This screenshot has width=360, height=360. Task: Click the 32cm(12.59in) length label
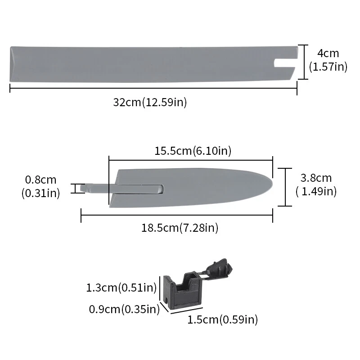pos(150,102)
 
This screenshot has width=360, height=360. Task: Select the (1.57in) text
pos(328,67)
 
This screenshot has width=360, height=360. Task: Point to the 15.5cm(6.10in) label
pos(193,151)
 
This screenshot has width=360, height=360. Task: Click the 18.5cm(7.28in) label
pos(180,228)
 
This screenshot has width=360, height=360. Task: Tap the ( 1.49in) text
pos(316,191)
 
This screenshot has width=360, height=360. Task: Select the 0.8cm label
pos(40,180)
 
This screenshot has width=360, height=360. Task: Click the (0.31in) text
pos(40,193)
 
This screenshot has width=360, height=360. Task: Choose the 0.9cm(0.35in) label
pos(125,309)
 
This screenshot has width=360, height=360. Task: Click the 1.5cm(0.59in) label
pos(222,320)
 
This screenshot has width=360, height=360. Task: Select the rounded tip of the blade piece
pos(268,185)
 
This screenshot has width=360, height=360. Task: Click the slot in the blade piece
pos(139,187)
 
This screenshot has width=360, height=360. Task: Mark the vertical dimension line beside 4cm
pos(305,62)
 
